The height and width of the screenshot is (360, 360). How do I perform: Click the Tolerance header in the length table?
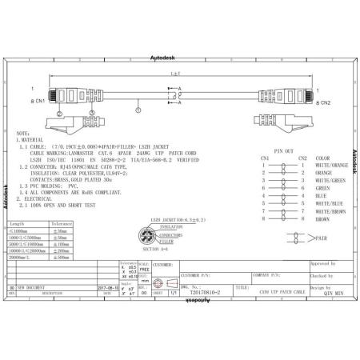coord(62,202)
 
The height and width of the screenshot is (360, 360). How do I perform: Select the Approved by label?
coord(322,262)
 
